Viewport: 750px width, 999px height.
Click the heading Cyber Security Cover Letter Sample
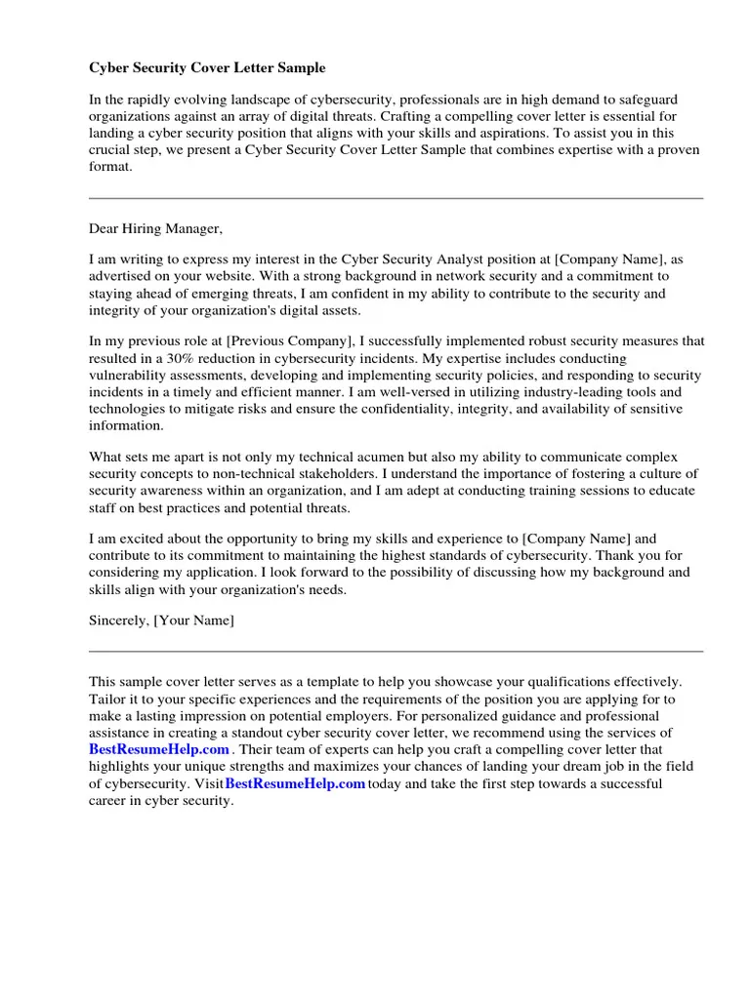(x=207, y=68)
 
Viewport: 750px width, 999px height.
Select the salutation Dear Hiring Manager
(x=156, y=229)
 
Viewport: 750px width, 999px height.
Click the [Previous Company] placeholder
(x=290, y=341)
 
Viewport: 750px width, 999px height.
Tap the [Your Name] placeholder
(x=193, y=620)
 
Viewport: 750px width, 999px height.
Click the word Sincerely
(x=118, y=620)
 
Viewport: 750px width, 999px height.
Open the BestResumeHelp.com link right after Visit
(x=295, y=783)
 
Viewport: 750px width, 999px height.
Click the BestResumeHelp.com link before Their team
(x=159, y=749)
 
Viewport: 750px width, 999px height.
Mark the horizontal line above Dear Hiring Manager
(x=396, y=198)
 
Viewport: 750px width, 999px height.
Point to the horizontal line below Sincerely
(x=396, y=651)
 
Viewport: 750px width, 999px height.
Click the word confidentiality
(x=406, y=409)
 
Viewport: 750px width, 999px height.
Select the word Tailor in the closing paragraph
(x=108, y=699)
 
